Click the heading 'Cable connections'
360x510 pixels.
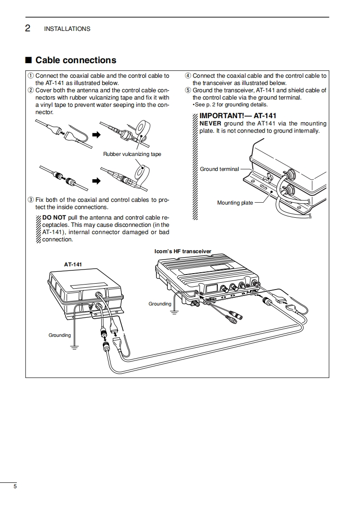pyautogui.click(x=75, y=60)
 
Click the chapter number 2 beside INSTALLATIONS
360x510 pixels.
pyautogui.click(x=28, y=29)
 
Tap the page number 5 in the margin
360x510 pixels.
pyautogui.click(x=15, y=487)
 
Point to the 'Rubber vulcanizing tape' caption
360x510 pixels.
pyautogui.click(x=132, y=154)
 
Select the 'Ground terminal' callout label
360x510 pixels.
pyautogui.click(x=219, y=169)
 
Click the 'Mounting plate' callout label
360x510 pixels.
pyautogui.click(x=235, y=203)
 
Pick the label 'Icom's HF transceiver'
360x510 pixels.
pyautogui.click(x=183, y=251)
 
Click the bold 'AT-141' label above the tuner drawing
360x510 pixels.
pyautogui.click(x=73, y=264)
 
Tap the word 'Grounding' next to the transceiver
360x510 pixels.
pyautogui.click(x=160, y=304)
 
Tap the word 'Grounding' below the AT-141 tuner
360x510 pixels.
pyautogui.click(x=60, y=335)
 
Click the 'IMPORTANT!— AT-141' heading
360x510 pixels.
pyautogui.click(x=238, y=116)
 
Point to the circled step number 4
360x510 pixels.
pyautogui.click(x=188, y=76)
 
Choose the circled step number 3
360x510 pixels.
pyautogui.click(x=30, y=200)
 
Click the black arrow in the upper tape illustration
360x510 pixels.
pyautogui.click(x=95, y=135)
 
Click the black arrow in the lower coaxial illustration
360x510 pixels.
pyautogui.click(x=95, y=181)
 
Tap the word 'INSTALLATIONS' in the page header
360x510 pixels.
pyautogui.click(x=67, y=29)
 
